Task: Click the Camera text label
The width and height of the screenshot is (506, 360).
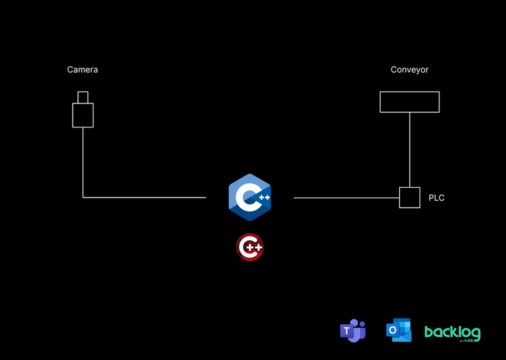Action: coord(82,70)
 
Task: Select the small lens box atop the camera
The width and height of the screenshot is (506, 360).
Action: coord(83,97)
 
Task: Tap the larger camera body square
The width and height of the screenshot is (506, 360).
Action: coord(83,115)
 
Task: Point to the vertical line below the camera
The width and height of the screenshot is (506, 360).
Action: coord(83,162)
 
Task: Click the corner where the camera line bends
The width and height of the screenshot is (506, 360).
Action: coord(83,198)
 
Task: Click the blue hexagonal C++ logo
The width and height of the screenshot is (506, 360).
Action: coord(249,197)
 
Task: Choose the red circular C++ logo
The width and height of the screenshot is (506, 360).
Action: coord(249,247)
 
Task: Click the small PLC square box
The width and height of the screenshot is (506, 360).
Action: coord(410,198)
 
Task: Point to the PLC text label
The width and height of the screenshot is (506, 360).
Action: coord(436,198)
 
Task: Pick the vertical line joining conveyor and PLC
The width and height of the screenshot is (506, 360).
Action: coord(410,149)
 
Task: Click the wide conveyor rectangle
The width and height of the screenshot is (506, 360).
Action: coord(410,102)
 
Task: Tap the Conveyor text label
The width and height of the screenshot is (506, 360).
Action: coord(410,70)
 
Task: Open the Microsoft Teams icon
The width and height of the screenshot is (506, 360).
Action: coord(353,330)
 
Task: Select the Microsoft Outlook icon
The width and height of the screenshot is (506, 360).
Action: coord(398,330)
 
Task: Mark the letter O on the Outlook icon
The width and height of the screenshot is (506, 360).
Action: coord(393,332)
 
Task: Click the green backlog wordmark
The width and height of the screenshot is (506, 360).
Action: coord(452,331)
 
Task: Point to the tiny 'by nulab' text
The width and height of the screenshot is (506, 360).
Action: coord(467,340)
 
